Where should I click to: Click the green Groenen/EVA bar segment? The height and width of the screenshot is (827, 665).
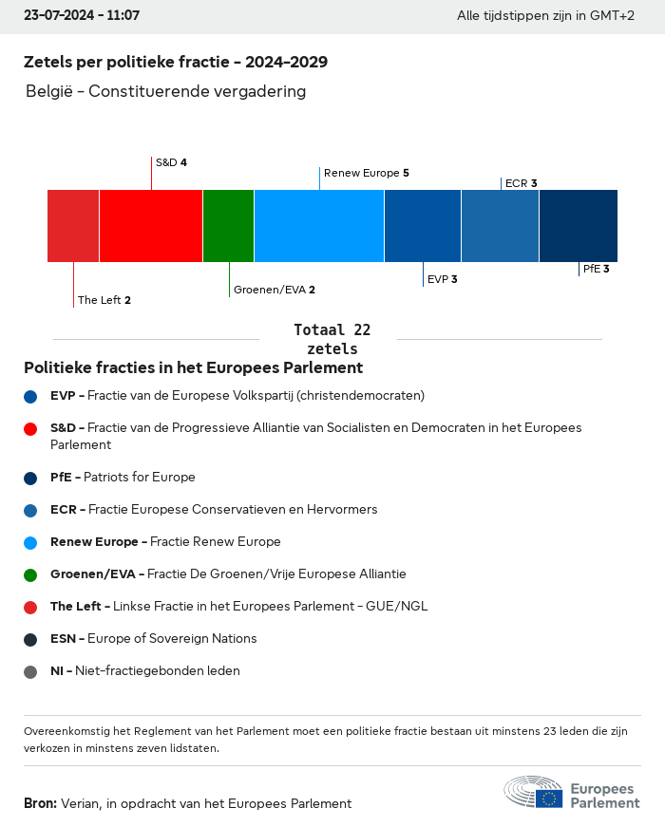tap(229, 226)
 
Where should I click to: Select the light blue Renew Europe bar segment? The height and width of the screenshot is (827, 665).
tap(319, 226)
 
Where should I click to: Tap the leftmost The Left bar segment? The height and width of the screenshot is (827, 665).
tap(73, 226)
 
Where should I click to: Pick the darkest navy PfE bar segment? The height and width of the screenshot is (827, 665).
tap(579, 226)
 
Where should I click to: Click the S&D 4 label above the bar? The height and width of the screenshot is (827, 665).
tap(171, 162)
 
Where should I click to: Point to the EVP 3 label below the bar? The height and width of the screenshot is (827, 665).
tap(443, 279)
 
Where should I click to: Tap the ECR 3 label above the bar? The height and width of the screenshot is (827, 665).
tap(521, 183)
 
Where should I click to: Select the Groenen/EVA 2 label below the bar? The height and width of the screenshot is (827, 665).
tap(275, 290)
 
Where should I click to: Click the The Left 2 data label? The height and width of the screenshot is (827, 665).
tap(104, 300)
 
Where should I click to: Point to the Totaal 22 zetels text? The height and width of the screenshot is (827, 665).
tap(332, 339)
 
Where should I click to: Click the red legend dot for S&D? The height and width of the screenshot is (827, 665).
tap(30, 429)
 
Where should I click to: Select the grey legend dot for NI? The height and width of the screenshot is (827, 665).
tap(30, 672)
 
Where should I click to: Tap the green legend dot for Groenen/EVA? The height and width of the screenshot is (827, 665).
tap(30, 574)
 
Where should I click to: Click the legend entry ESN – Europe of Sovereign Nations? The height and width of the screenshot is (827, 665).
tap(154, 638)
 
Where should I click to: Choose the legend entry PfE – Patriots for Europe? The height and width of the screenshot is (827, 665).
tap(123, 477)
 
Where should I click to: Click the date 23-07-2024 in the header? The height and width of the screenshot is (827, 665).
tap(59, 15)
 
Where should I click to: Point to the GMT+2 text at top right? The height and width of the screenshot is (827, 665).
tap(612, 15)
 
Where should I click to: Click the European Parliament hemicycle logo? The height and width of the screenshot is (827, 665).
tap(533, 791)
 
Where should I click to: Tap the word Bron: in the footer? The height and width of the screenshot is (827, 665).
tap(40, 803)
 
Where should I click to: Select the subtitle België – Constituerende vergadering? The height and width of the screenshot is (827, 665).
tap(165, 91)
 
